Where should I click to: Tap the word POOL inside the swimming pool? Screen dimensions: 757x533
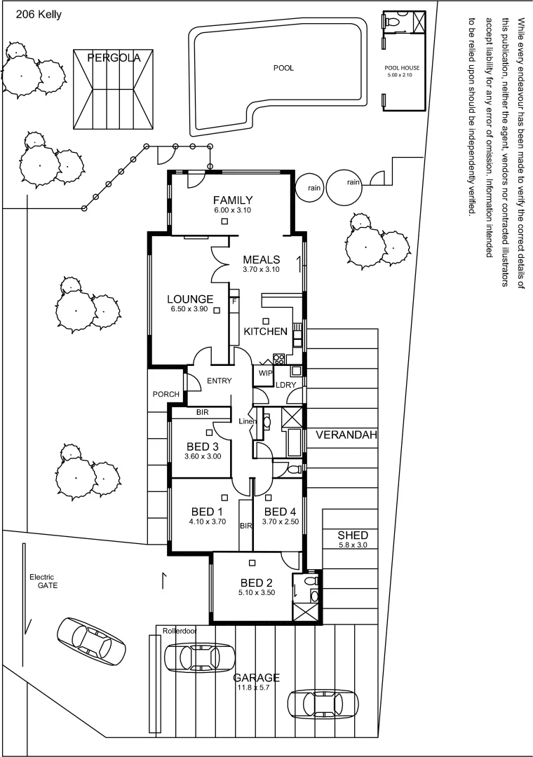click(283, 68)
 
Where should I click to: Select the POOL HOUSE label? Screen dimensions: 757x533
click(403, 68)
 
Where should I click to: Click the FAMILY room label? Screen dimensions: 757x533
click(233, 200)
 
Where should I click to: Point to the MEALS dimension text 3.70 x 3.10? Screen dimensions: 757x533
click(261, 269)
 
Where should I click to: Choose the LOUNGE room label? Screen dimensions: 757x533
click(191, 299)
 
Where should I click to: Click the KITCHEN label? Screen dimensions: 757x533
click(265, 331)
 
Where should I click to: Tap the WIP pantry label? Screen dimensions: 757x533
click(264, 373)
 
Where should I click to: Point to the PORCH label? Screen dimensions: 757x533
click(166, 394)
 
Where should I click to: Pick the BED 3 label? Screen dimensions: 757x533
click(203, 446)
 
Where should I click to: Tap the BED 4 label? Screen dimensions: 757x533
click(281, 511)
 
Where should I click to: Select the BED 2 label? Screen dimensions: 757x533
click(256, 582)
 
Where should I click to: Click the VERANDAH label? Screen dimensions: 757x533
click(346, 435)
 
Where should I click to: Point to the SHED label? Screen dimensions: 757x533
click(353, 536)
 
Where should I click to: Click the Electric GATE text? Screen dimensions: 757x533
click(42, 581)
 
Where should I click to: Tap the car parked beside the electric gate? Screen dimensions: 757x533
click(92, 641)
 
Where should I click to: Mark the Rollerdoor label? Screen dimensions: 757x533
click(180, 631)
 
